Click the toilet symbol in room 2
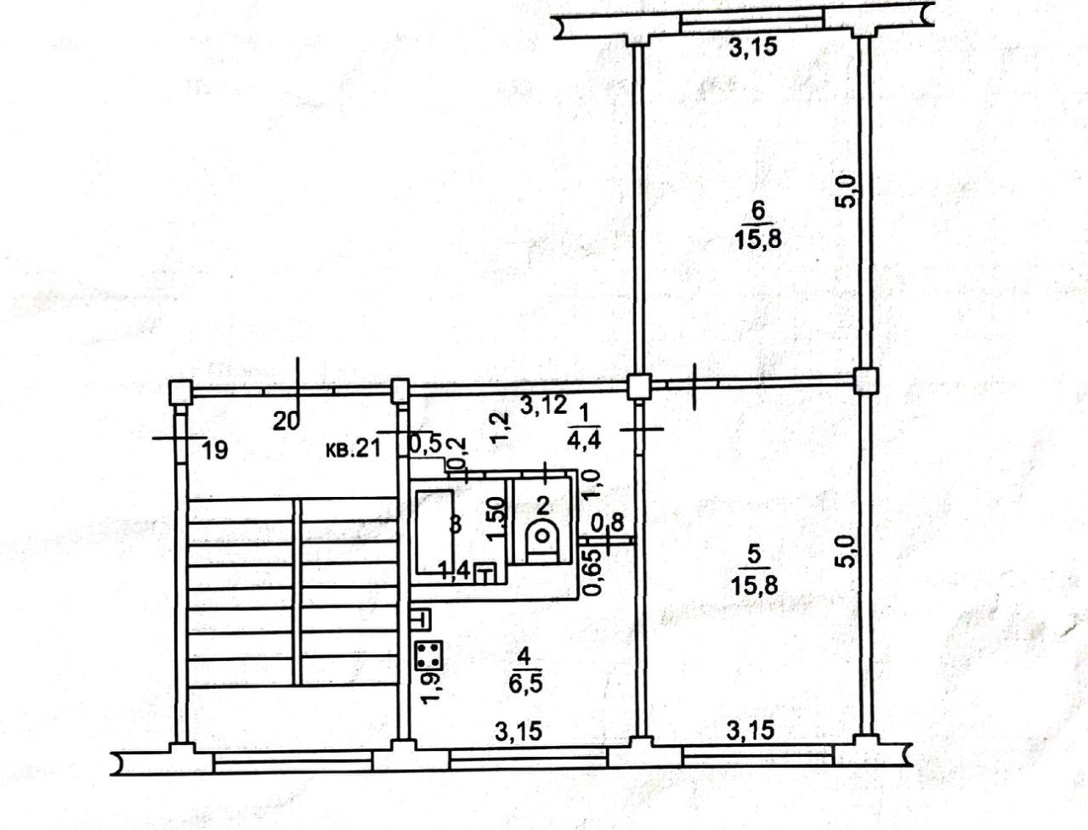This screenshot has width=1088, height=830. tap(541, 543)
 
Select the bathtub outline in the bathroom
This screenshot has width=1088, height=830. tap(434, 532)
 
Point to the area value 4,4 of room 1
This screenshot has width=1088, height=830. tap(586, 438)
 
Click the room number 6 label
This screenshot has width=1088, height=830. tap(758, 211)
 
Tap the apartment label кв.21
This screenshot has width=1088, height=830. tap(353, 449)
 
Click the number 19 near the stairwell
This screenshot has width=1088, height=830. tap(215, 450)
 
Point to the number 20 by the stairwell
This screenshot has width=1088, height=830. tap(286, 422)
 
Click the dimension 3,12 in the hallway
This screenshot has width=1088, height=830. tap(543, 405)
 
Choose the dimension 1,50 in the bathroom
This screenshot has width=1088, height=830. tap(496, 522)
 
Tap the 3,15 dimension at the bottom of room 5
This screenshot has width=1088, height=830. tap(750, 731)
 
